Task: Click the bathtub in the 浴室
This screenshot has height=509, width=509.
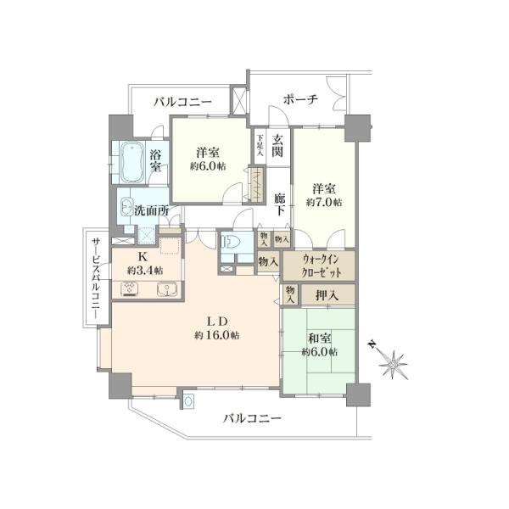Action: tap(132, 161)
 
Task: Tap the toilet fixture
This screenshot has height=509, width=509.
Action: tap(231, 242)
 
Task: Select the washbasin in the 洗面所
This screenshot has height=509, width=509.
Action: tap(126, 206)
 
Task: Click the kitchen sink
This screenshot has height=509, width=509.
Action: tap(167, 288)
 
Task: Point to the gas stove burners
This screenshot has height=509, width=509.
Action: tap(130, 288)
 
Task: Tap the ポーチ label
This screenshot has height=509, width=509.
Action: tap(300, 99)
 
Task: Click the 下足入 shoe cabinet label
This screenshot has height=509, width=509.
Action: tap(260, 145)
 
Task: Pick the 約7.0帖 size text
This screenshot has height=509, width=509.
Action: tap(324, 203)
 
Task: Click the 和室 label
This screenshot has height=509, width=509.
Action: tap(320, 338)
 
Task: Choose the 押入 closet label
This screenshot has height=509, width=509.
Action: tap(327, 295)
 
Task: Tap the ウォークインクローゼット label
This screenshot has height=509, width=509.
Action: tap(321, 266)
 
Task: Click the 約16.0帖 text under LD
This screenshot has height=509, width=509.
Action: tap(217, 335)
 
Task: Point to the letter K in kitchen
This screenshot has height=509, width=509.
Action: tap(143, 257)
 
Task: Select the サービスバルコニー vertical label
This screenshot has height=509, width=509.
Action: tap(96, 278)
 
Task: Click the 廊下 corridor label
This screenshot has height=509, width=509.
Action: tap(279, 204)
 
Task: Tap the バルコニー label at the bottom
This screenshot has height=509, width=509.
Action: tap(252, 418)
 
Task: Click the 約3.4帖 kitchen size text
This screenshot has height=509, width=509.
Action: tap(145, 270)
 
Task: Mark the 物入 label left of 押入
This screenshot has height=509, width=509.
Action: tap(290, 295)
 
